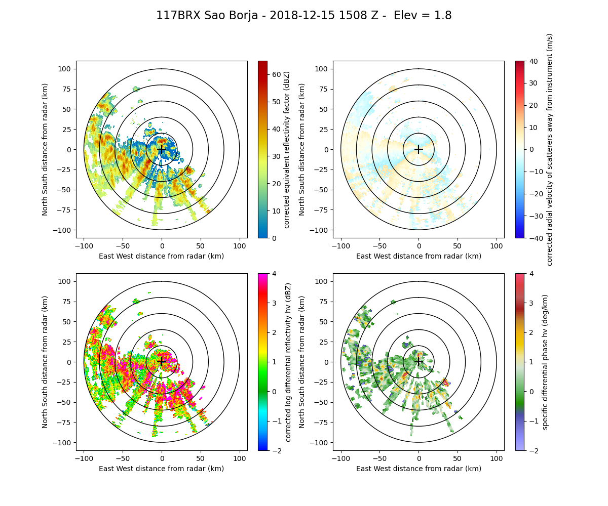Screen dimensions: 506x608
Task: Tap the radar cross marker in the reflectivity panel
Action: [x=162, y=149]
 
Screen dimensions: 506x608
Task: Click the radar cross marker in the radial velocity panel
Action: [x=419, y=149]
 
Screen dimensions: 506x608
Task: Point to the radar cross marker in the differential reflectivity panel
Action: [x=162, y=362]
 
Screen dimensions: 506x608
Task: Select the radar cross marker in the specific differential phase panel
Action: [x=419, y=362]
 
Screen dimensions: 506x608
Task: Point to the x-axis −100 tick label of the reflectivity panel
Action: [x=84, y=245]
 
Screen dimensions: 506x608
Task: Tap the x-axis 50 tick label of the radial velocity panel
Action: [x=458, y=245]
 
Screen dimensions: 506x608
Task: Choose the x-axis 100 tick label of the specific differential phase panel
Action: [x=496, y=458]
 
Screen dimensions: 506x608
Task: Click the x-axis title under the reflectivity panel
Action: [x=162, y=256]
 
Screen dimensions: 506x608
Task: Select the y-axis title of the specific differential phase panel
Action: [x=302, y=362]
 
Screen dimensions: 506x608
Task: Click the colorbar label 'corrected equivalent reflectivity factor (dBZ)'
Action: [x=287, y=149]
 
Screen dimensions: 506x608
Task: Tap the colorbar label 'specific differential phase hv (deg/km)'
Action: [x=545, y=362]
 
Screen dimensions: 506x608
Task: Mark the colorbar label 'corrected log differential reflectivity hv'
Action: [x=288, y=362]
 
